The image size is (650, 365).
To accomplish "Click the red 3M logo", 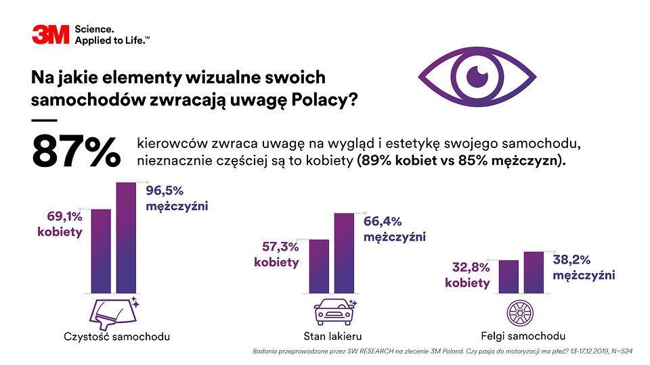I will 50,34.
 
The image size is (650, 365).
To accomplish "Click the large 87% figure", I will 76,152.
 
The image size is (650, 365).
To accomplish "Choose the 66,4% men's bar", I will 344,253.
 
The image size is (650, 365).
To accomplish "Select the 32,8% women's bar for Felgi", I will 508,276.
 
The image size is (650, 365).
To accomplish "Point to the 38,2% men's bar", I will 534,272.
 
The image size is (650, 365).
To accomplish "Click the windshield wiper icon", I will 114,312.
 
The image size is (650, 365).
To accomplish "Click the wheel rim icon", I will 521,312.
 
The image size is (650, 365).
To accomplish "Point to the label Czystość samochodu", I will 116,337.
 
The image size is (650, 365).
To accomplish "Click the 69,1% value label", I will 64,217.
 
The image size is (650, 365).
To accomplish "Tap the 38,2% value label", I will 572,259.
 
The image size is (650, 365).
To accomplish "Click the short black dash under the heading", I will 44,120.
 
